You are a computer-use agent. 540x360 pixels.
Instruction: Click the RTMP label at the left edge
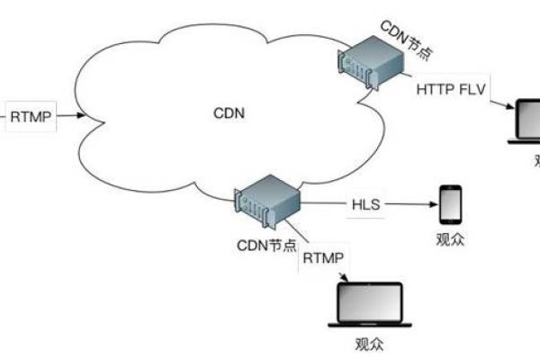coord(31,116)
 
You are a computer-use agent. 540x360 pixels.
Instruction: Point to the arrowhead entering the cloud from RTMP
coord(82,116)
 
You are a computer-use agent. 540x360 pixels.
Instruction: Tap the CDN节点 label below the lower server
coord(265,246)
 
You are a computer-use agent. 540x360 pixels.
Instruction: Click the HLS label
coord(366,204)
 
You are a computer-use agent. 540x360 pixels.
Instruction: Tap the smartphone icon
coord(451,204)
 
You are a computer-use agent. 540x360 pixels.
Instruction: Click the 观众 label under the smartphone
coord(451,239)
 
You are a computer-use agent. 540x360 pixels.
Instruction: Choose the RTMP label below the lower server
coord(322,258)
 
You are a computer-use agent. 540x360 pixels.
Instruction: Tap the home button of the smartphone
coord(451,220)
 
